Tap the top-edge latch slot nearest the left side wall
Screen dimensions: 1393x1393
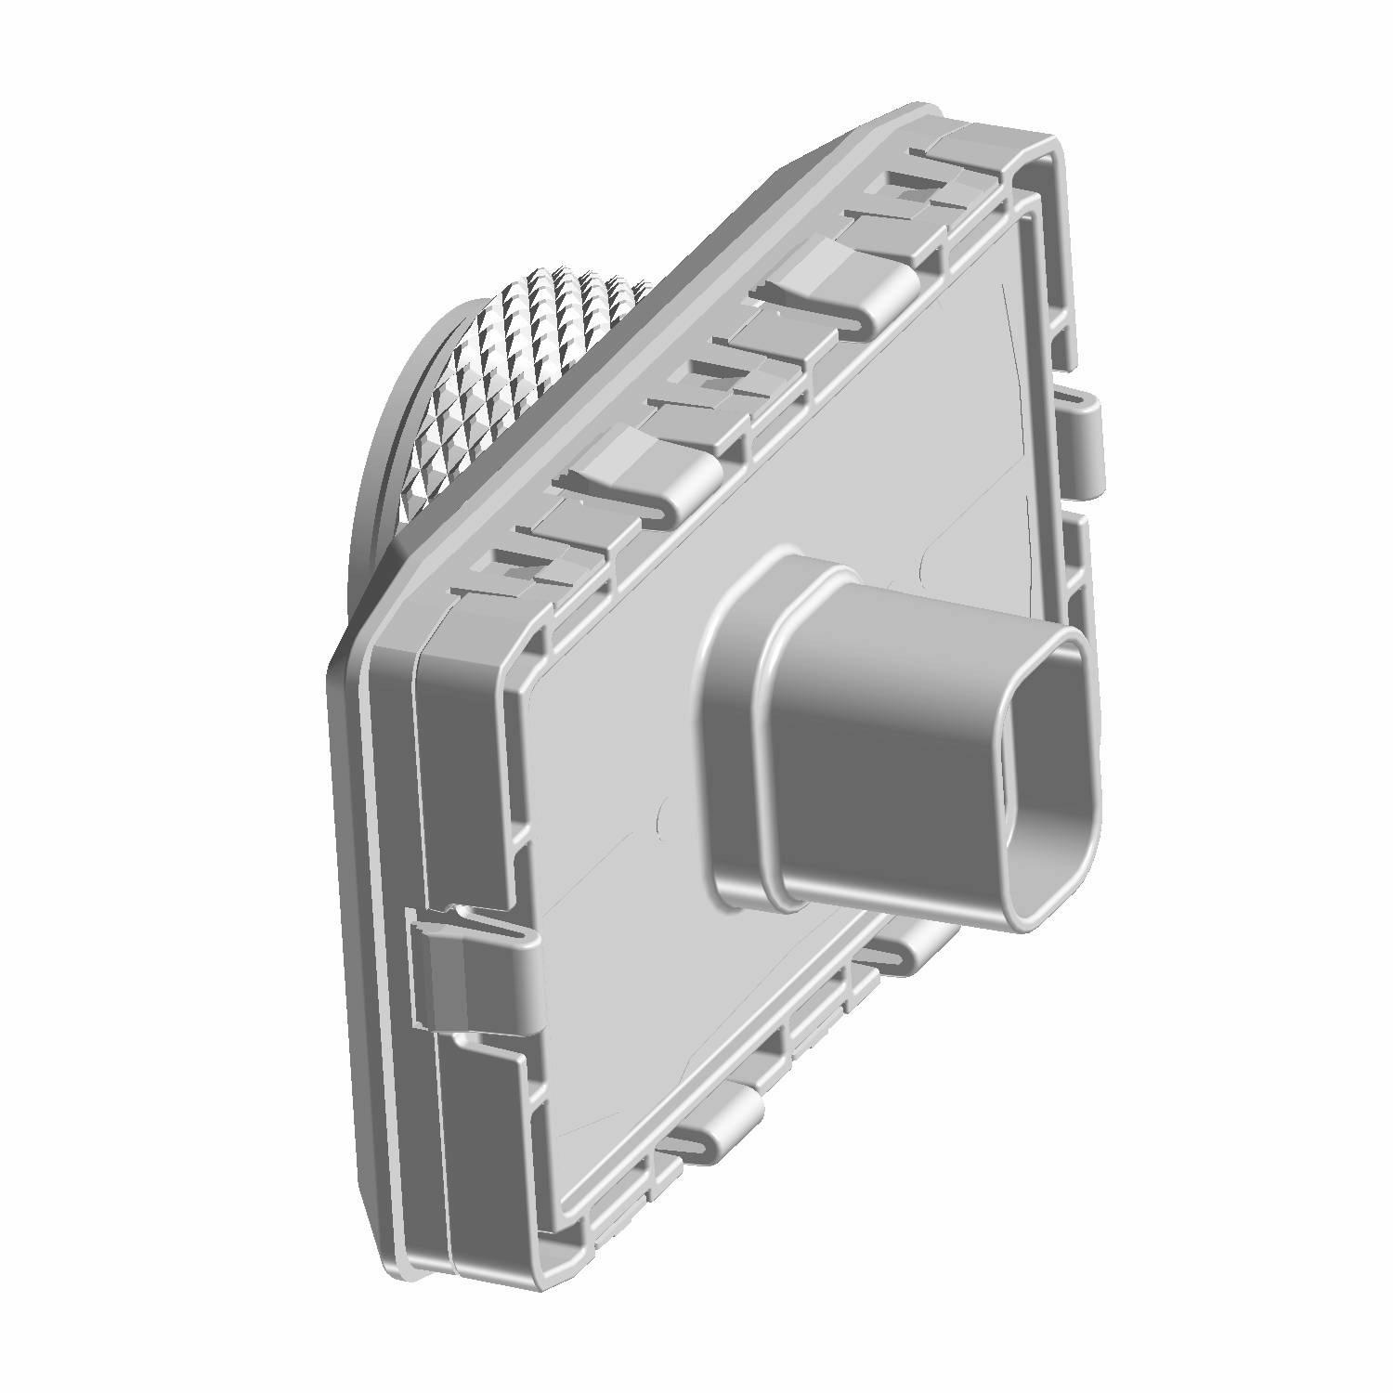pyautogui.click(x=520, y=566)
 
